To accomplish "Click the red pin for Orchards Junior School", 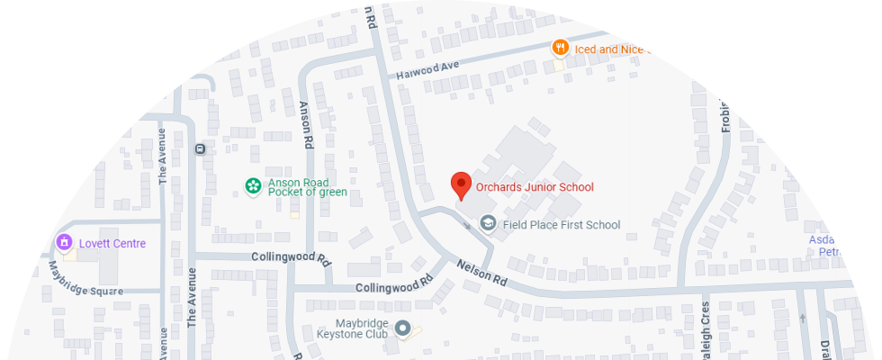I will click(x=461, y=184).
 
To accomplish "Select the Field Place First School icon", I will click(x=488, y=223).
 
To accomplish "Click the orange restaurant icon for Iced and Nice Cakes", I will click(x=560, y=49).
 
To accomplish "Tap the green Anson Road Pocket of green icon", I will click(x=253, y=186).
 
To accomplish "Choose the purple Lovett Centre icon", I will click(x=64, y=243).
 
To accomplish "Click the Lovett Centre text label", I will click(x=112, y=243).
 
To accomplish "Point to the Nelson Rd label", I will click(x=482, y=273).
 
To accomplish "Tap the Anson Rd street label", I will click(x=305, y=123).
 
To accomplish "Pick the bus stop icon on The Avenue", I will click(x=199, y=148).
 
